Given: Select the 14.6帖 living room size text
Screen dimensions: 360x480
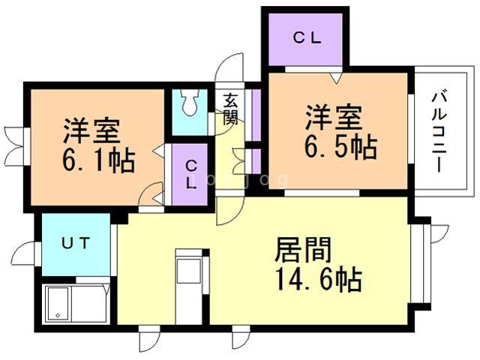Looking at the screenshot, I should click(318, 280).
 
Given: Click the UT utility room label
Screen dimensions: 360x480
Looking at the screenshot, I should click(76, 243).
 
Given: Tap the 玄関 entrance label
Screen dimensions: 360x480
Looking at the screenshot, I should click(230, 108).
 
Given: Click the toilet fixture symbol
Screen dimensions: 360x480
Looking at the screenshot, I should click(191, 103).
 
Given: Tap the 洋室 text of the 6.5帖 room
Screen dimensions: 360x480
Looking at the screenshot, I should click(333, 118).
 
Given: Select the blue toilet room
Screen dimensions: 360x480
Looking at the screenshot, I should click(192, 112).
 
